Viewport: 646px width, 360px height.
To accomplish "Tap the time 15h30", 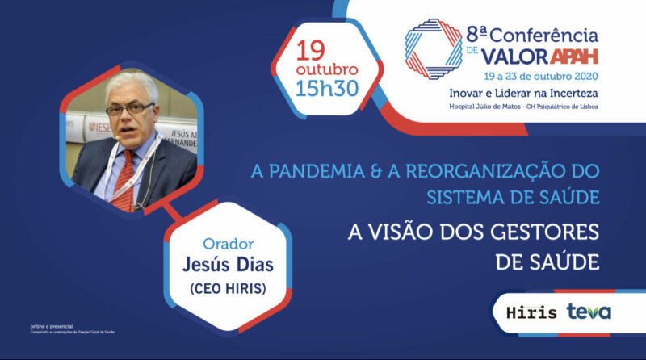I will [x=327, y=88].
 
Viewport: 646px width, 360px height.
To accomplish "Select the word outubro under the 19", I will [x=327, y=69].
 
